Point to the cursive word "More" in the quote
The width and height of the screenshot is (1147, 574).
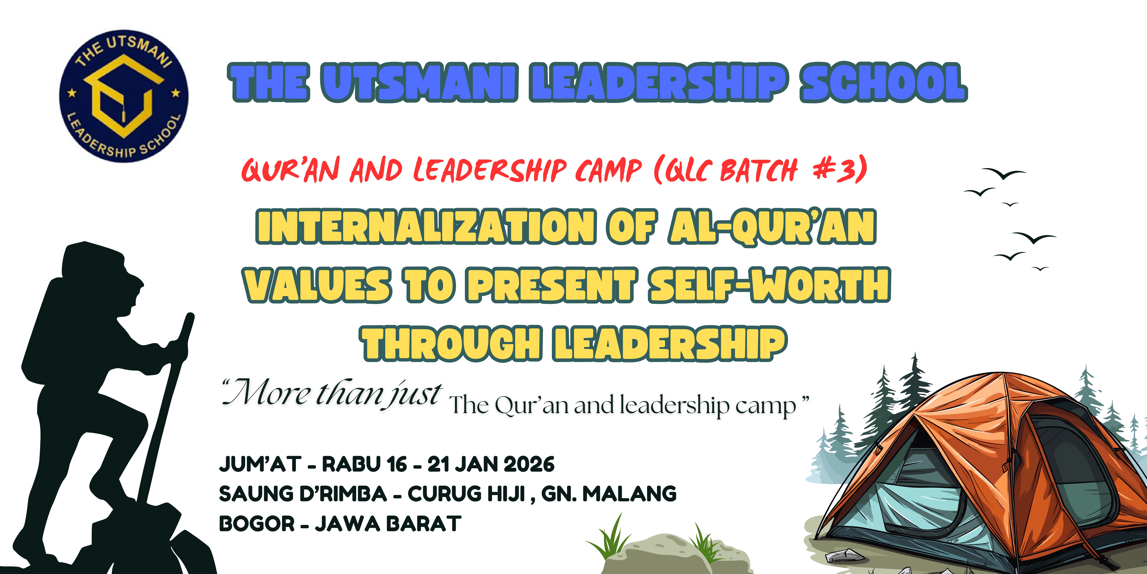[x=267, y=393]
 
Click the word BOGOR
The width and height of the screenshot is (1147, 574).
[x=257, y=524]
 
